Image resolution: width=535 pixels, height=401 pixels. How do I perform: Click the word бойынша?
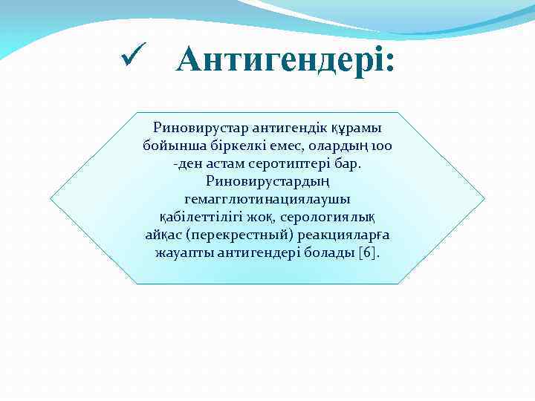pyautogui.click(x=169, y=146)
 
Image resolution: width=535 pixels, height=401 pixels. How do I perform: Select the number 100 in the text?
pyautogui.click(x=380, y=146)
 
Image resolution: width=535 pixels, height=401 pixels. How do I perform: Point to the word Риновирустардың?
pyautogui.click(x=267, y=181)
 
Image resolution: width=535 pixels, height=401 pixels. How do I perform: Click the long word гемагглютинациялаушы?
pyautogui.click(x=267, y=199)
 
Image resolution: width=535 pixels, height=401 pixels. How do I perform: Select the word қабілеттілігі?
pyautogui.click(x=201, y=217)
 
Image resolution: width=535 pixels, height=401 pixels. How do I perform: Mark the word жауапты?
pyautogui.click(x=183, y=252)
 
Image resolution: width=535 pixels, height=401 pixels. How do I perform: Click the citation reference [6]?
pyautogui.click(x=369, y=252)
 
